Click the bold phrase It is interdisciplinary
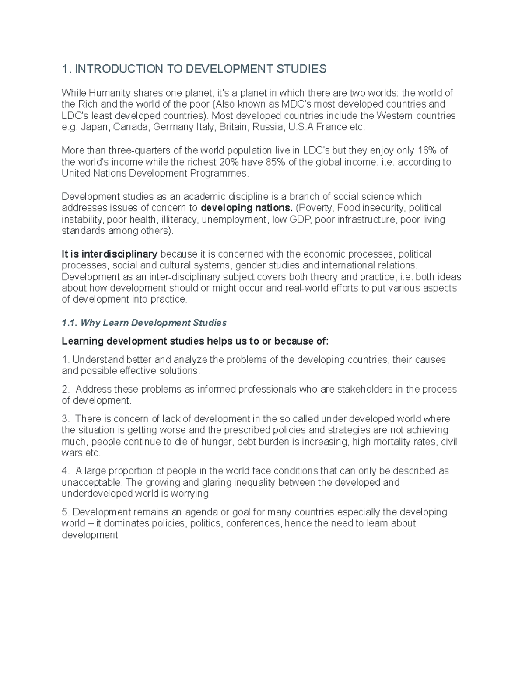click(x=110, y=254)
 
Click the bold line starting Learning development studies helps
click(x=195, y=341)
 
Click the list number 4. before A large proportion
click(x=66, y=471)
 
